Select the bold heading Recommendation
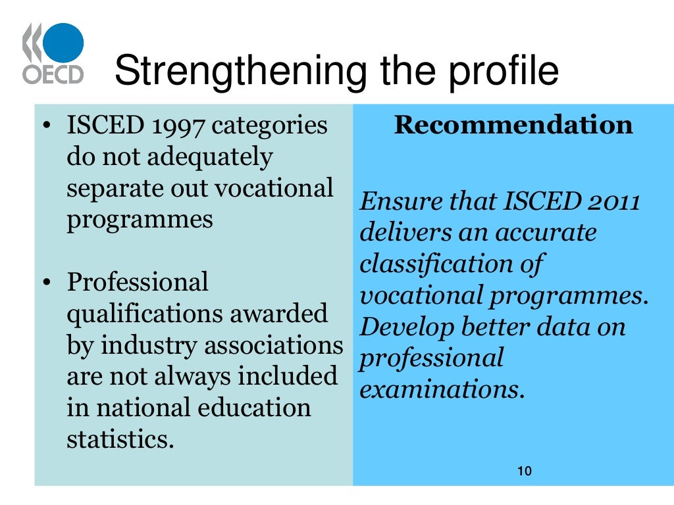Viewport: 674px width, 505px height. tap(513, 125)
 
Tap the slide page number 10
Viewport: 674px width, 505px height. tap(524, 471)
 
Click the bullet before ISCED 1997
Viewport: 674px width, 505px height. tap(46, 126)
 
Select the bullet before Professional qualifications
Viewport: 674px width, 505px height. tap(46, 283)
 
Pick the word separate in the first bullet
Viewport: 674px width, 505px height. tap(108, 189)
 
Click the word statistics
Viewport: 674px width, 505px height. tap(120, 439)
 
